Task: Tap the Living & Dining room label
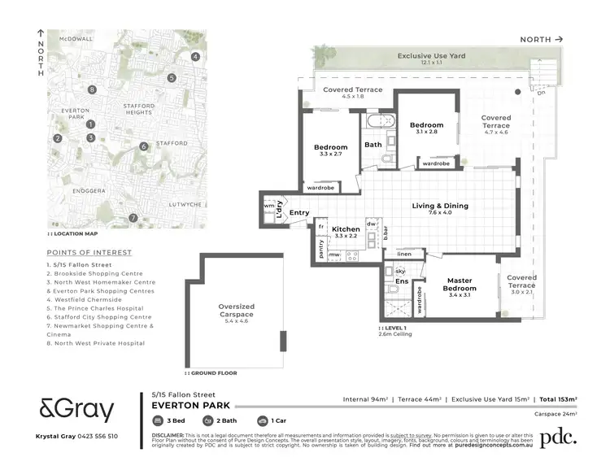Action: [440, 206]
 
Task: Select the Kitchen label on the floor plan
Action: [346, 229]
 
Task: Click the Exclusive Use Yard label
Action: [431, 56]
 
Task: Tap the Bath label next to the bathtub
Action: [373, 145]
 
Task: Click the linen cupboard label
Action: [404, 255]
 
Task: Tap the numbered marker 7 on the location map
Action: [133, 218]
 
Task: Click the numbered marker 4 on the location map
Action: [195, 56]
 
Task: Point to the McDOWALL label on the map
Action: [70, 38]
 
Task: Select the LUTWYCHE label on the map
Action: [185, 204]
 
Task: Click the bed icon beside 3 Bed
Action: [159, 421]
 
